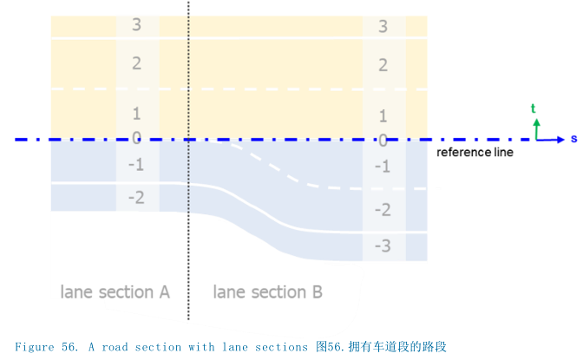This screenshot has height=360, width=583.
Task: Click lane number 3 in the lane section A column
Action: click(x=136, y=24)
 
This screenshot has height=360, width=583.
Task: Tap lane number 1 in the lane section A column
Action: click(x=136, y=114)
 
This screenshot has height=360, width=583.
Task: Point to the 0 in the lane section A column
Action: click(x=136, y=137)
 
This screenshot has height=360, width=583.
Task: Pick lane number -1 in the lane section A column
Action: click(x=135, y=165)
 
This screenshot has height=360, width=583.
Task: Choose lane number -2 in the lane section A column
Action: click(x=135, y=199)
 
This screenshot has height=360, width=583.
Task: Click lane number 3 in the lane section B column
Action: click(x=383, y=26)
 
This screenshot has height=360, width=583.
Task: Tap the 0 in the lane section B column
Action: click(x=383, y=139)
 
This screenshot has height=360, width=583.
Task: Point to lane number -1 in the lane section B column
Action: click(x=383, y=167)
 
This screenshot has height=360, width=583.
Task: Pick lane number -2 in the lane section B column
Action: click(x=383, y=210)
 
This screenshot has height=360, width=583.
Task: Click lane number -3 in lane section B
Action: click(x=383, y=246)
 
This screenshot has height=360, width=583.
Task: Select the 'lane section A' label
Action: click(x=115, y=291)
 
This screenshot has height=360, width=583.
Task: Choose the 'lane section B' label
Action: click(x=267, y=292)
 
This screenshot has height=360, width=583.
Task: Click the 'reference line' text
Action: click(x=475, y=153)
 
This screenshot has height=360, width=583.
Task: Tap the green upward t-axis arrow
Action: click(x=537, y=128)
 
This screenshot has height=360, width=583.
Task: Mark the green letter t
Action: click(x=534, y=108)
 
